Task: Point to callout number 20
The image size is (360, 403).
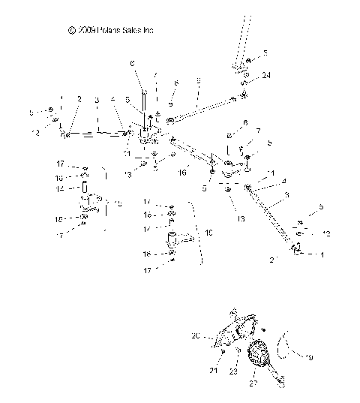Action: click(x=196, y=336)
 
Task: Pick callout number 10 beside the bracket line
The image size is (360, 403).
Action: click(x=208, y=233)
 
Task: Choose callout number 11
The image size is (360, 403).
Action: click(x=127, y=152)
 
